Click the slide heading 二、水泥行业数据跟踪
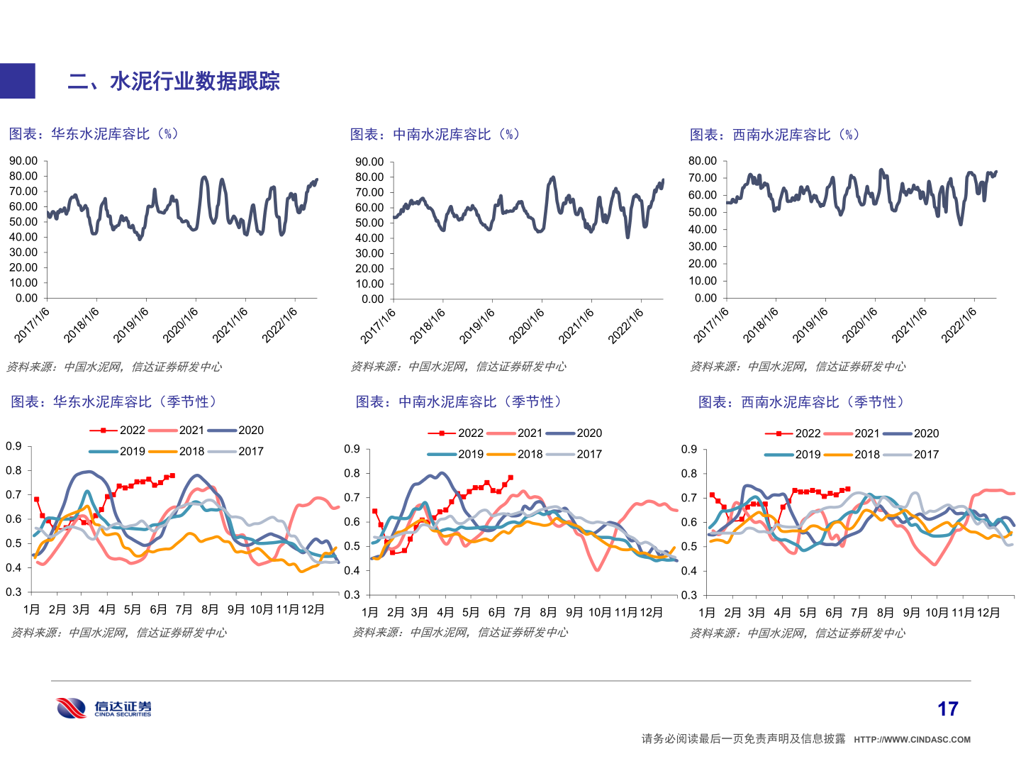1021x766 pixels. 174,81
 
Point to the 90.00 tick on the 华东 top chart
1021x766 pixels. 23,161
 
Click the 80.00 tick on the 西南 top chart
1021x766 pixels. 703,161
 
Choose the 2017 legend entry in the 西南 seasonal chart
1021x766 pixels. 926,454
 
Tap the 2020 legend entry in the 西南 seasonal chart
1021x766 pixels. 926,433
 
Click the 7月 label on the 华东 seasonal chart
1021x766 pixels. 184,609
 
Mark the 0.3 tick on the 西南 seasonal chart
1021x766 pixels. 689,595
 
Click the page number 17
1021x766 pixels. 947,709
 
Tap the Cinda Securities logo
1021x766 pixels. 104,708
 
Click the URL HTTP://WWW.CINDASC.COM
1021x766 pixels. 912,740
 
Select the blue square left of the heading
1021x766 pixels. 17,81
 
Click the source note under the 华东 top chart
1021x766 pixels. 113,367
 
